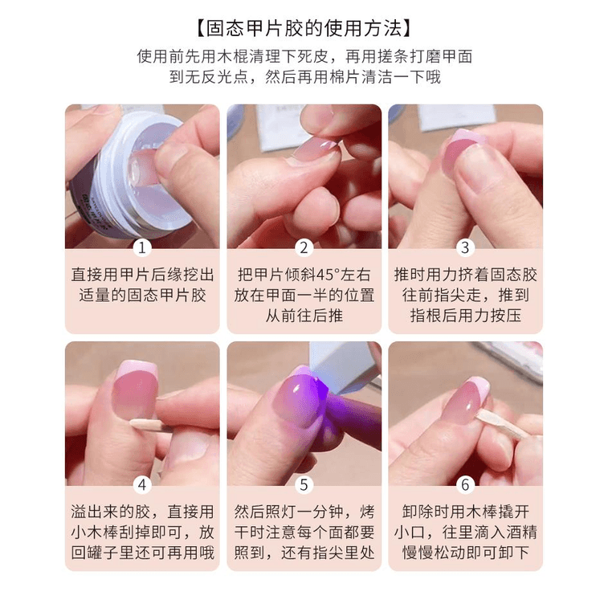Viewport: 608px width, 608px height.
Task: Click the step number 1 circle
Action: pyautogui.click(x=142, y=247)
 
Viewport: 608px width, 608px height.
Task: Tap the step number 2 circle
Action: pyautogui.click(x=304, y=247)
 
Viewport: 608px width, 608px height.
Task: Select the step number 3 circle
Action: pyautogui.click(x=465, y=247)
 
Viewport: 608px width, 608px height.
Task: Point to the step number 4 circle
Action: pyautogui.click(x=142, y=484)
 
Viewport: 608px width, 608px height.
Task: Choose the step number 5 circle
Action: pyautogui.click(x=304, y=484)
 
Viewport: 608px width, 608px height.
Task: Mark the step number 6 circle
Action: pyautogui.click(x=465, y=484)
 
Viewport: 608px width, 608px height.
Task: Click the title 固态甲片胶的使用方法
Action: pyautogui.click(x=304, y=29)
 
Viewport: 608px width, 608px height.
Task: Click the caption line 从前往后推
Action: pyautogui.click(x=304, y=316)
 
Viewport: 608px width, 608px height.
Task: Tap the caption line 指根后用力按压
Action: pyautogui.click(x=465, y=316)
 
